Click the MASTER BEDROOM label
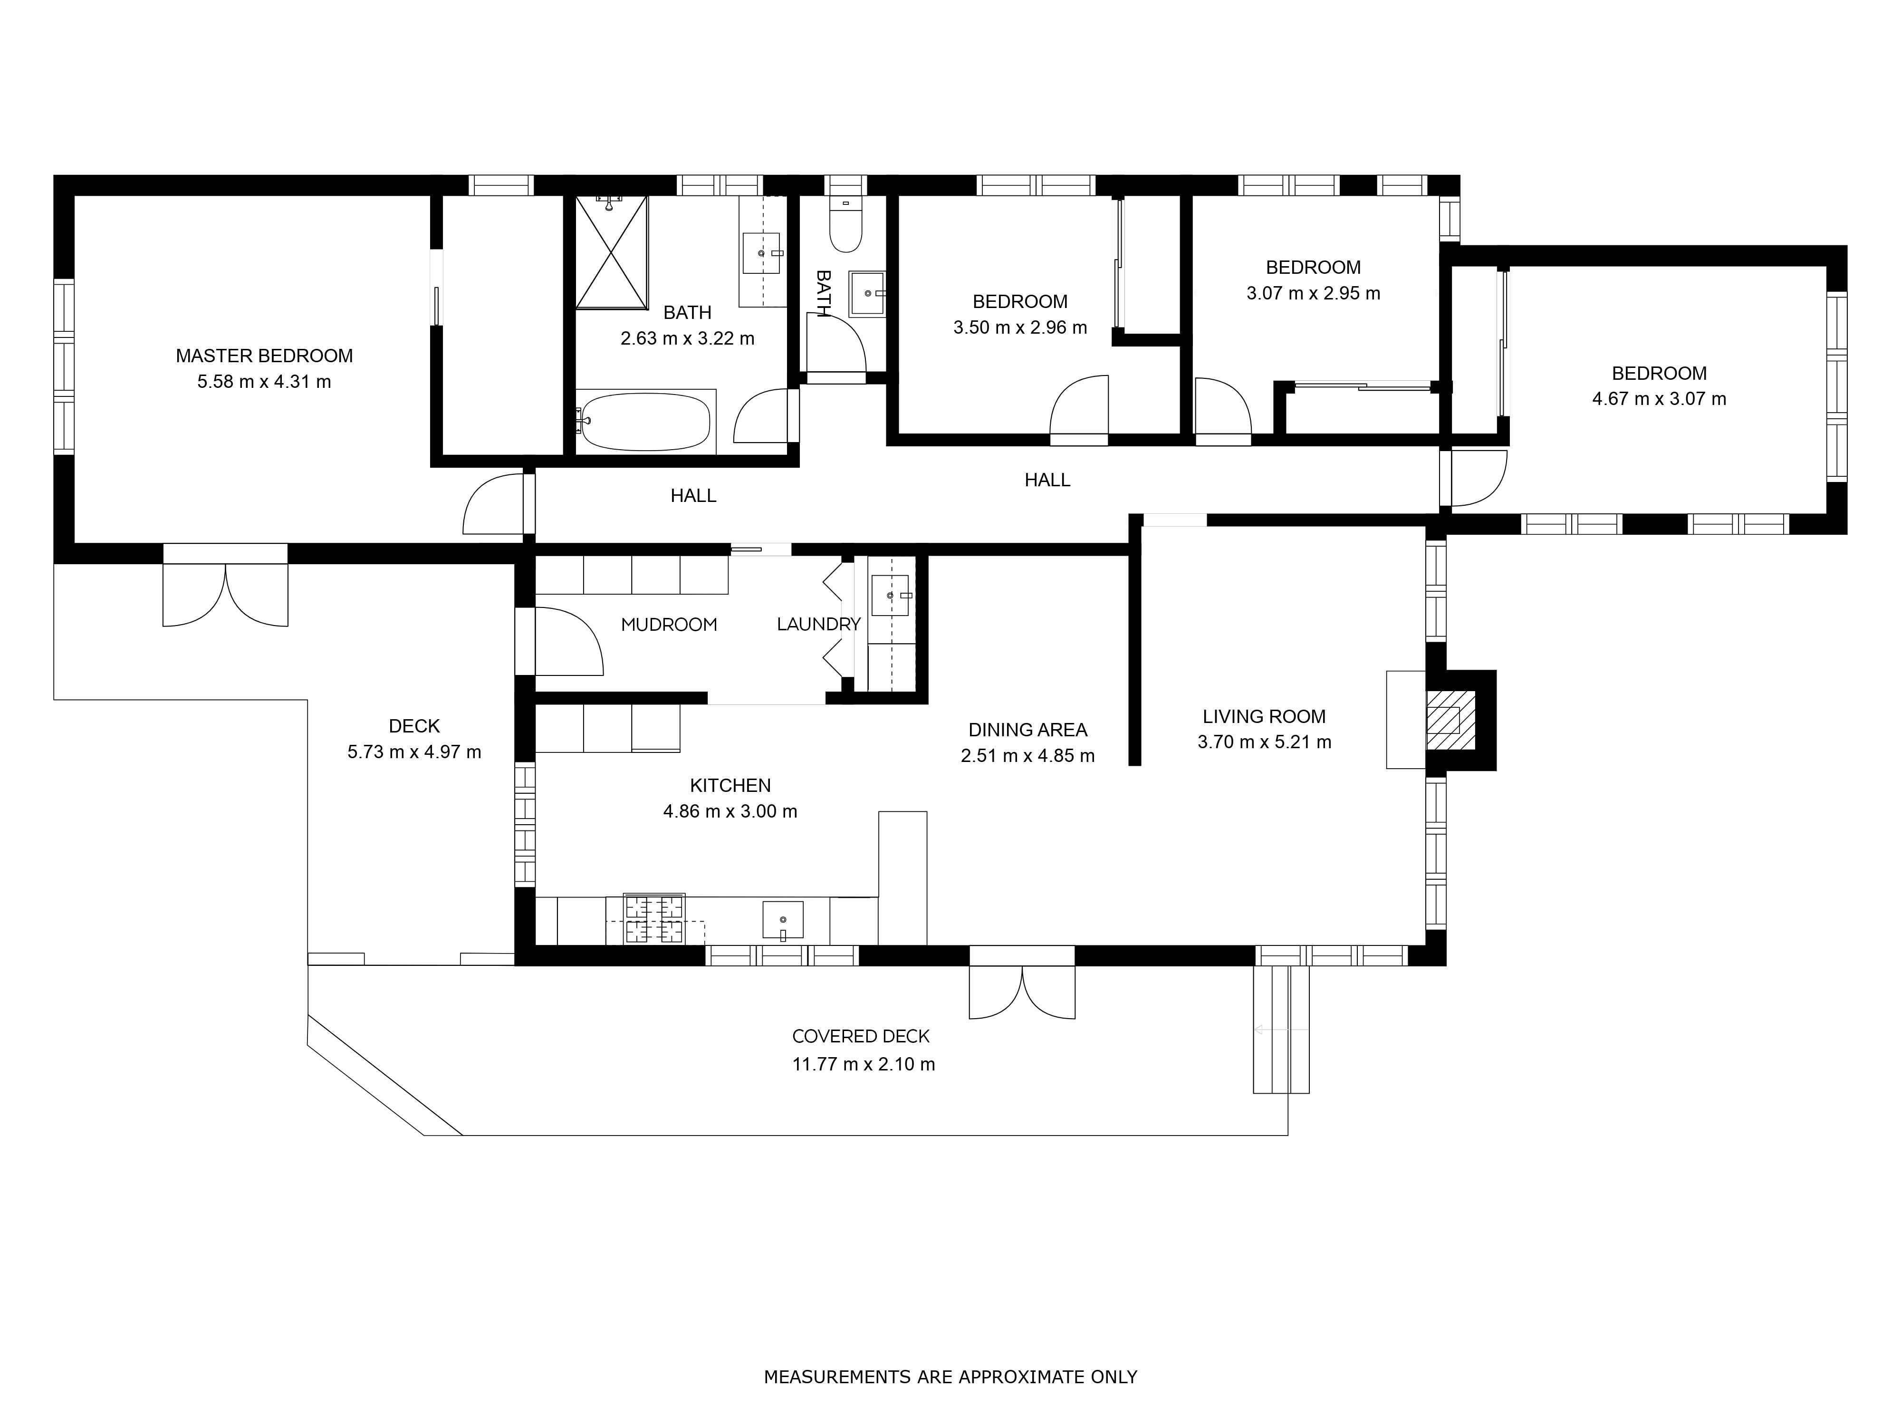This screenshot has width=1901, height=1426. click(264, 356)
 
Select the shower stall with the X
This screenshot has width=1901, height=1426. click(611, 252)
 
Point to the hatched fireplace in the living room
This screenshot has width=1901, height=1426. click(1450, 720)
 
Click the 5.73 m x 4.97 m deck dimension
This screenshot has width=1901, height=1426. click(414, 752)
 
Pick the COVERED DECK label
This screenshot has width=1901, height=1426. click(861, 1037)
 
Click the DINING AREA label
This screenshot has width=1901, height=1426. click(1028, 730)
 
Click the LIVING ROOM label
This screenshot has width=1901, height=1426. click(1264, 716)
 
